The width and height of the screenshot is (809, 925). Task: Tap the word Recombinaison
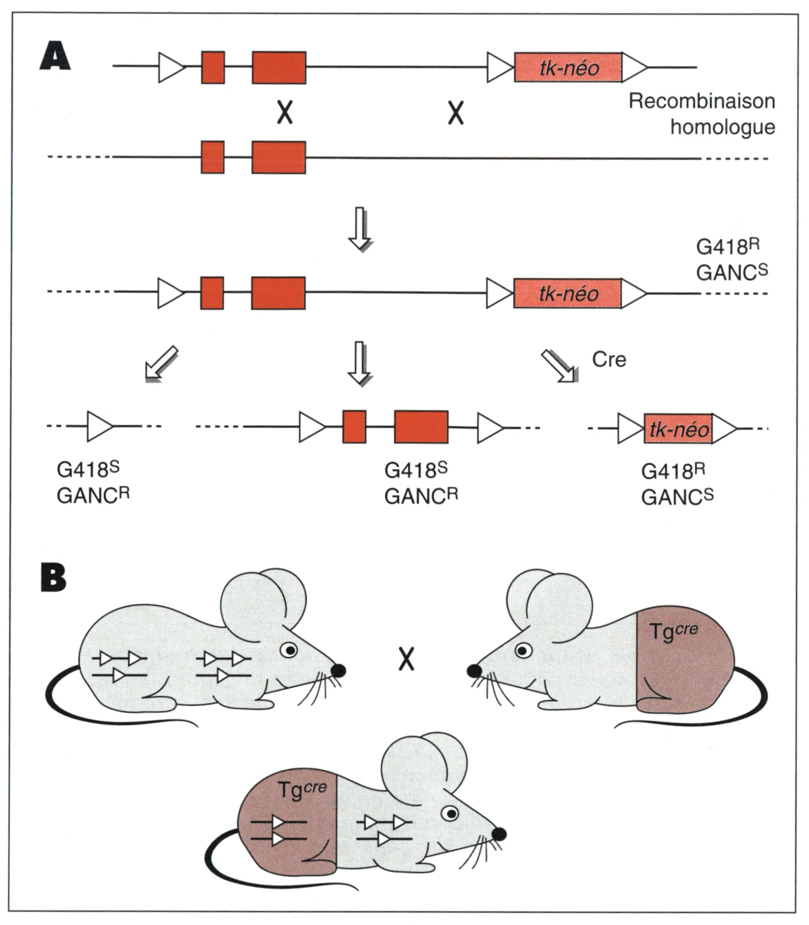[x=701, y=101]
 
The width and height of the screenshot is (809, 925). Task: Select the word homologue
[x=722, y=127]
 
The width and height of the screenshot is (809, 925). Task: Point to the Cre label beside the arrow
[x=608, y=360]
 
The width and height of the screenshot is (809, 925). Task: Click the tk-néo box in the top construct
[x=568, y=68]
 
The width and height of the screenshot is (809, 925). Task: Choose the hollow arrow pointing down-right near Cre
[x=558, y=366]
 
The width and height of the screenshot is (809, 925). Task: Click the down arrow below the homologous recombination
[x=361, y=228]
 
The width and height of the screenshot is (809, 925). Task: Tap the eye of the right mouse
[x=523, y=650]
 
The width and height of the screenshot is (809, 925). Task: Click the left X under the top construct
[x=285, y=112]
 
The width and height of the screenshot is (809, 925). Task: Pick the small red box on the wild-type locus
[x=213, y=157]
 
